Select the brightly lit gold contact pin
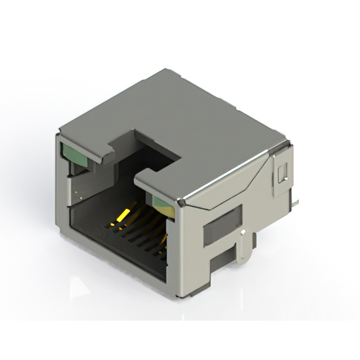click(x=123, y=215)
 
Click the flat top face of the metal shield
click(x=180, y=112)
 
